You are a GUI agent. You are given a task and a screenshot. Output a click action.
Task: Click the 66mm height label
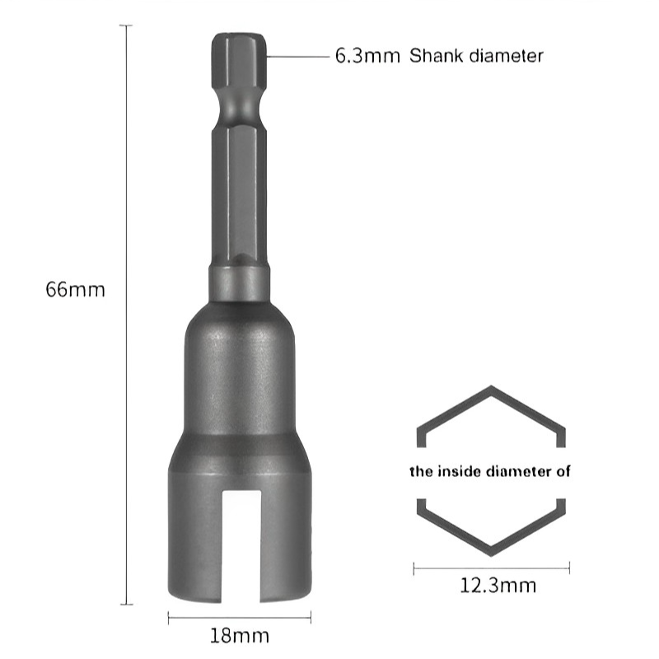(76, 290)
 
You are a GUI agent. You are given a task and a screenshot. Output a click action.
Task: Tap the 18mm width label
(240, 636)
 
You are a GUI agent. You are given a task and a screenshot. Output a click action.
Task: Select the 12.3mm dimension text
(498, 586)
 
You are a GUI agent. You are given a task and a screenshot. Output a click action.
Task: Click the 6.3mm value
(367, 57)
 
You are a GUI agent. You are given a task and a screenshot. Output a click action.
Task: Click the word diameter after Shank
(505, 57)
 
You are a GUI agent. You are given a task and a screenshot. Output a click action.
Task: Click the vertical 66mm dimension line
(126, 313)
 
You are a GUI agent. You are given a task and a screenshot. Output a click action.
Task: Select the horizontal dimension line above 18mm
(240, 617)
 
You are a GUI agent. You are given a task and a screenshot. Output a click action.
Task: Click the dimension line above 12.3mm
(491, 568)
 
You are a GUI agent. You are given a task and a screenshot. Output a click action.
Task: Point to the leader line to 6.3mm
(297, 57)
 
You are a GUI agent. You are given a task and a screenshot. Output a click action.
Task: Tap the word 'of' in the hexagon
(563, 472)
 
